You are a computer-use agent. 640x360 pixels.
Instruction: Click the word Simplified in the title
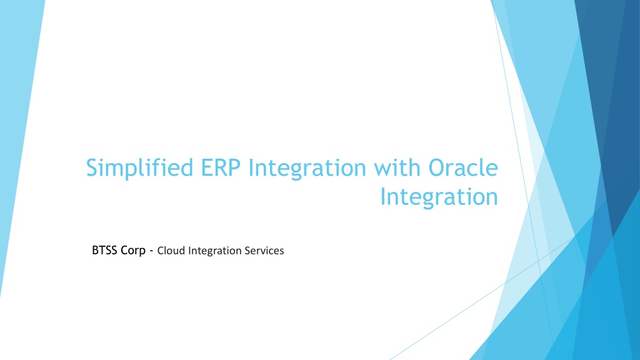click(x=139, y=168)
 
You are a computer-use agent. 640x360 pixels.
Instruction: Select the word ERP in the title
click(x=221, y=167)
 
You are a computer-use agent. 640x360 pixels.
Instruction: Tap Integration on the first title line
click(x=307, y=168)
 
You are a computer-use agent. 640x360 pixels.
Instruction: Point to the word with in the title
click(x=397, y=167)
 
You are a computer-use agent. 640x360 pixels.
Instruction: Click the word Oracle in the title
click(x=463, y=167)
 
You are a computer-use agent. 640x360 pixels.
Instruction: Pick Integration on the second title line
click(x=439, y=197)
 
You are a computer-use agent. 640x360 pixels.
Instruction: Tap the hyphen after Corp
click(x=151, y=251)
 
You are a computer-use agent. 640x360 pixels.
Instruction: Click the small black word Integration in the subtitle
click(x=215, y=251)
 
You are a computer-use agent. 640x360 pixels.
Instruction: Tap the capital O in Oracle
click(x=437, y=167)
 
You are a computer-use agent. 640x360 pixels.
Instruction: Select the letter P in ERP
click(x=234, y=167)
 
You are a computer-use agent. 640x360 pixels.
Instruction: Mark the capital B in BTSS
click(x=96, y=250)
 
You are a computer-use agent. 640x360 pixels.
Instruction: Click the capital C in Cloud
click(x=161, y=251)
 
